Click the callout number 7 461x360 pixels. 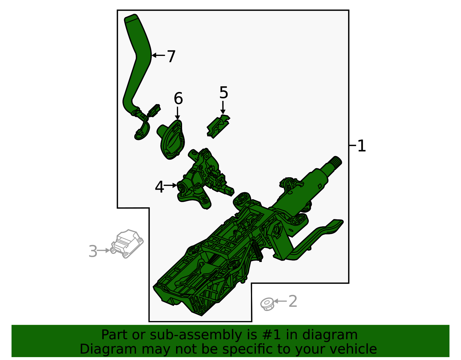click(171, 56)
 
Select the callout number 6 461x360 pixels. click(178, 99)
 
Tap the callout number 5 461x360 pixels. click(224, 93)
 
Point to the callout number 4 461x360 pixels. click(159, 187)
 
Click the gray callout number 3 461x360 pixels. click(93, 251)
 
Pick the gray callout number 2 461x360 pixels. click(293, 301)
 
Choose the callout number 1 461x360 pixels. click(362, 146)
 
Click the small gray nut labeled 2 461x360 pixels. click(267, 304)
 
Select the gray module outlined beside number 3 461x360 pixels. click(128, 244)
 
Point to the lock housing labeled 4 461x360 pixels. click(203, 179)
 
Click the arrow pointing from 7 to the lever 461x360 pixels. click(158, 55)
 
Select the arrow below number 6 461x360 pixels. click(178, 113)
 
